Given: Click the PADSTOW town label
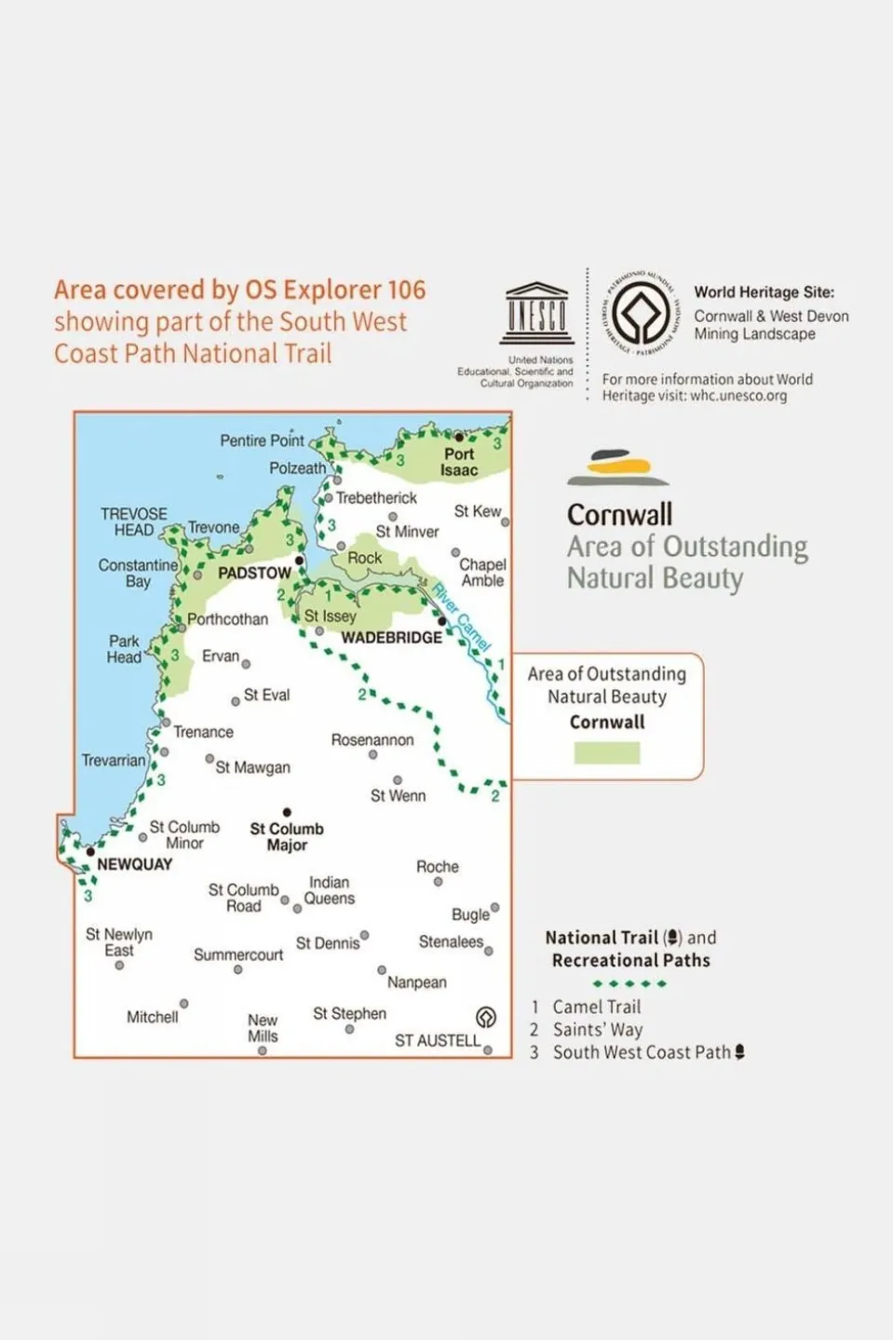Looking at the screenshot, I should [254, 573].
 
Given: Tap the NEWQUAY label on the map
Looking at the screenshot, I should [134, 864].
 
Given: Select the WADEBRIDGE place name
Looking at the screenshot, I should [391, 637].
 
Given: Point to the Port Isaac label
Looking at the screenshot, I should [459, 462].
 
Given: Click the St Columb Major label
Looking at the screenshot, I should [287, 836].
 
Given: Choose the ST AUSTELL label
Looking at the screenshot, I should [438, 1040].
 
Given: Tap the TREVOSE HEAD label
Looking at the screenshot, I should [134, 521].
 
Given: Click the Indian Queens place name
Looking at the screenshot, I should [329, 890].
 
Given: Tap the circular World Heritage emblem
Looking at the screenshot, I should [640, 313].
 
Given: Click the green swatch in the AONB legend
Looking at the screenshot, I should [606, 752].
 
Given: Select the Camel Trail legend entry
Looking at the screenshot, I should [596, 1007].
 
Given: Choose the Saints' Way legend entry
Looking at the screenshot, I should [597, 1030].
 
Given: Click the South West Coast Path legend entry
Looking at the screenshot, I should [642, 1052].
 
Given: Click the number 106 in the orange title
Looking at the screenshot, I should [406, 290].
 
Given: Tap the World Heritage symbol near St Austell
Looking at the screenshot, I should [485, 1017].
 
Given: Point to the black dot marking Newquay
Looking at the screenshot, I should [90, 851].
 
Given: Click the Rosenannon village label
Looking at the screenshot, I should [372, 739].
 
